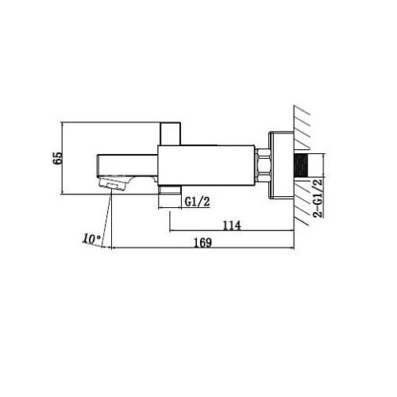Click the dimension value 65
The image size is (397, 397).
click(x=58, y=158)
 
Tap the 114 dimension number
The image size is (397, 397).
click(x=232, y=225)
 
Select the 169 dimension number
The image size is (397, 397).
click(x=203, y=243)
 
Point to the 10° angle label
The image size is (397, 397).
click(x=91, y=239)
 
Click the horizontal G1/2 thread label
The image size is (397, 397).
click(x=198, y=202)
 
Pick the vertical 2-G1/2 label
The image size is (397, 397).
click(x=318, y=198)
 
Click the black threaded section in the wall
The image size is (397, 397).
click(x=301, y=165)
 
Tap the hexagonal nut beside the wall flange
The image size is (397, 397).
click(x=262, y=166)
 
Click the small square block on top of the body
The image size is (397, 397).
click(x=171, y=133)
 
